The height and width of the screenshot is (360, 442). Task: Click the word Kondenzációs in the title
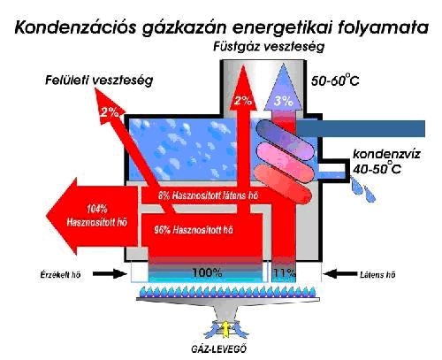(75, 28)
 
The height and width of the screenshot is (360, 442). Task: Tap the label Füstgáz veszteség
(269, 47)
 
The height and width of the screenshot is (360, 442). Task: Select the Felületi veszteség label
(99, 80)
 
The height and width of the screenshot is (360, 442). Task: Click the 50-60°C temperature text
(335, 80)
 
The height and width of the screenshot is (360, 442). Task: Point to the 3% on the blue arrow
(283, 101)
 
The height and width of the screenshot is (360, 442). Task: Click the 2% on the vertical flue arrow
(243, 101)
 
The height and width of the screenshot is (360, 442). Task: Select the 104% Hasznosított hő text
(97, 216)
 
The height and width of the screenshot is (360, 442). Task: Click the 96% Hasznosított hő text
(194, 230)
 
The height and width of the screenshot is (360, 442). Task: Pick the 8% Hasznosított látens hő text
(208, 195)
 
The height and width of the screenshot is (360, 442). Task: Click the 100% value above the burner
(207, 273)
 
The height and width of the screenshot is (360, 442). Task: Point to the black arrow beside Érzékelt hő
(110, 274)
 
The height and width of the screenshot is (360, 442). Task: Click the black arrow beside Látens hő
(339, 274)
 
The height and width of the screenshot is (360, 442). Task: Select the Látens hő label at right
(377, 275)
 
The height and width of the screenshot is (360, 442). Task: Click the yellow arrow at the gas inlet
(225, 329)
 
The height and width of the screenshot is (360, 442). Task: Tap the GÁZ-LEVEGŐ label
(218, 349)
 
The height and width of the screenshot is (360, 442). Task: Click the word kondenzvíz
(387, 154)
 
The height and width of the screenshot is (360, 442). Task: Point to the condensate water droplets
(362, 190)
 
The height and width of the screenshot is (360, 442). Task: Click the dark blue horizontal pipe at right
(360, 128)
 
